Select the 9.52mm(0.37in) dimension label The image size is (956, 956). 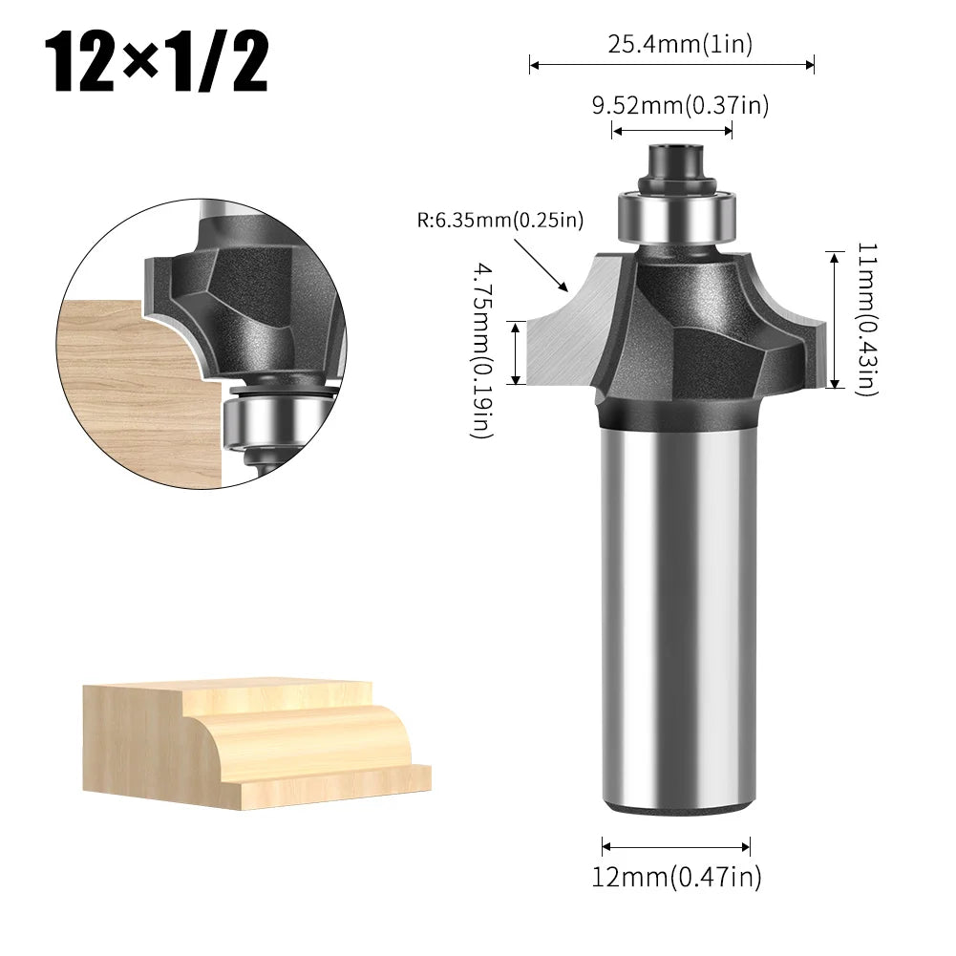click(679, 105)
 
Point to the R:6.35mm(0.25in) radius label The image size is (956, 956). click(499, 222)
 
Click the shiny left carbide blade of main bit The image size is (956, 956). click(563, 334)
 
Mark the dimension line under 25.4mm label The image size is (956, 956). click(671, 65)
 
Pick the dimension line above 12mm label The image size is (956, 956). click(676, 844)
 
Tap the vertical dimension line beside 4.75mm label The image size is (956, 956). click(517, 352)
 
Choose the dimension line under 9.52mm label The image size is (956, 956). click(671, 130)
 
